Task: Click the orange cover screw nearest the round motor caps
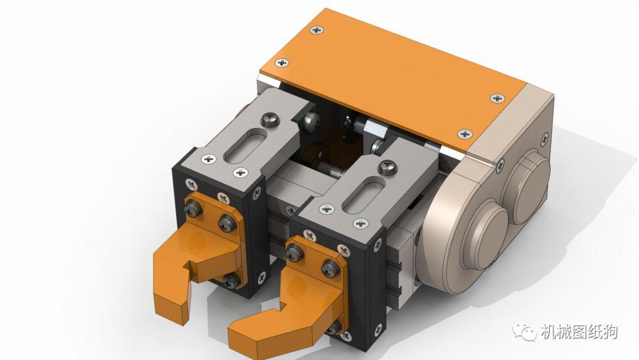pos(465,134)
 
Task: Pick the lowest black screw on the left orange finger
pos(231,279)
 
